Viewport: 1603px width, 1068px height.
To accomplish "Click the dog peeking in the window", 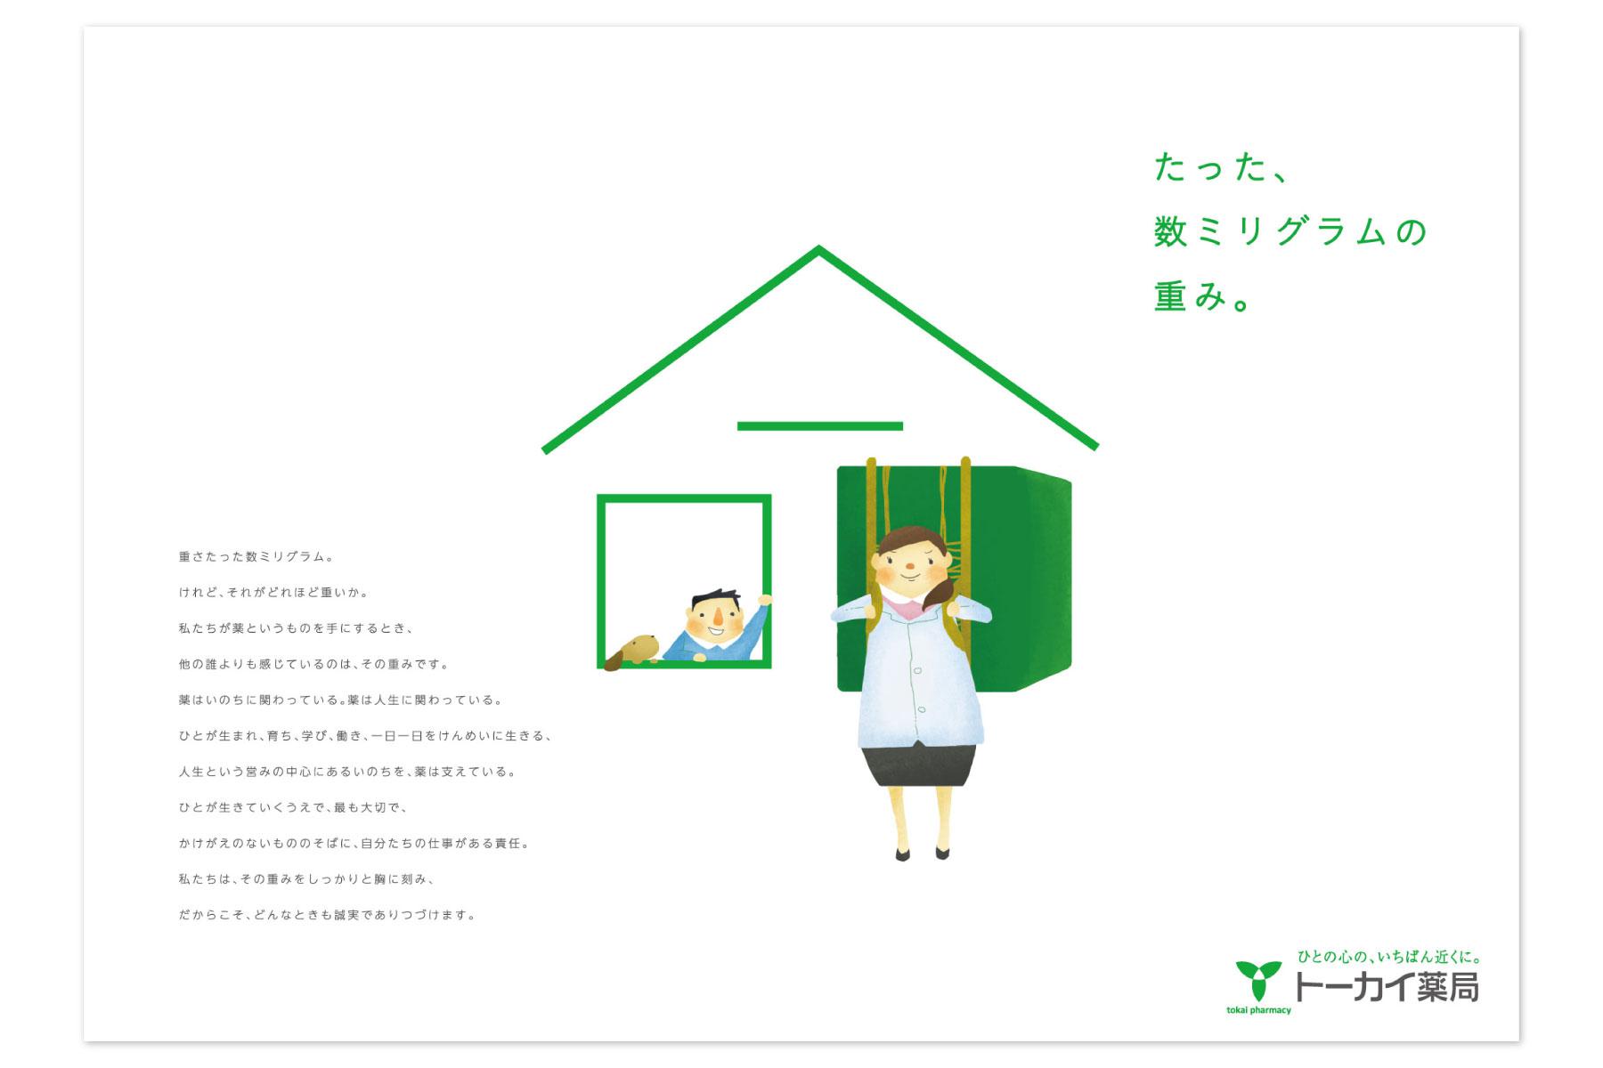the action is [x=631, y=651].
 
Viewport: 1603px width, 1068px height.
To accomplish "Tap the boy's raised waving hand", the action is [x=763, y=601].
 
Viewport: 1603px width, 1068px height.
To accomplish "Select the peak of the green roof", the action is [x=819, y=249].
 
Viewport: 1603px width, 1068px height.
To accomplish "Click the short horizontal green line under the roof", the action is [x=820, y=426].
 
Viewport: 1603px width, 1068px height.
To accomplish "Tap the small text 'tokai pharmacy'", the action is [x=1258, y=1010].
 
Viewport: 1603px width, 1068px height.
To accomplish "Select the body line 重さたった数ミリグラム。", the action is [x=256, y=557].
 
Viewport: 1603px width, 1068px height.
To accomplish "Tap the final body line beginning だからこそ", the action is [x=328, y=915].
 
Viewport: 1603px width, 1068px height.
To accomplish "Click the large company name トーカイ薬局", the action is [x=1386, y=987].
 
